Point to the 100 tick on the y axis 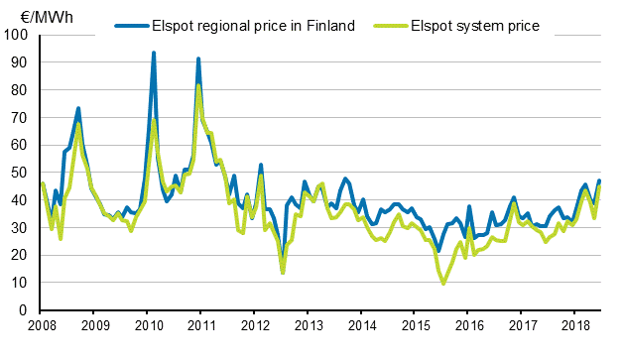point(18,35)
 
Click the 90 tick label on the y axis point(21,62)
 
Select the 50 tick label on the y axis point(21,173)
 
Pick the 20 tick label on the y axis point(21,256)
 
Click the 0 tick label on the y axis point(25,311)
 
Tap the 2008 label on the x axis point(41,326)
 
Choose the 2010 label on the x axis point(148,326)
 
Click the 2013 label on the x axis point(310,326)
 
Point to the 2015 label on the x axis point(417,326)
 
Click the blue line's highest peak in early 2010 point(154,53)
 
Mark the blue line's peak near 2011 point(198,59)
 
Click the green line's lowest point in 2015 point(442,284)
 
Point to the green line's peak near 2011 point(198,84)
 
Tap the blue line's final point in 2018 point(599,180)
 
